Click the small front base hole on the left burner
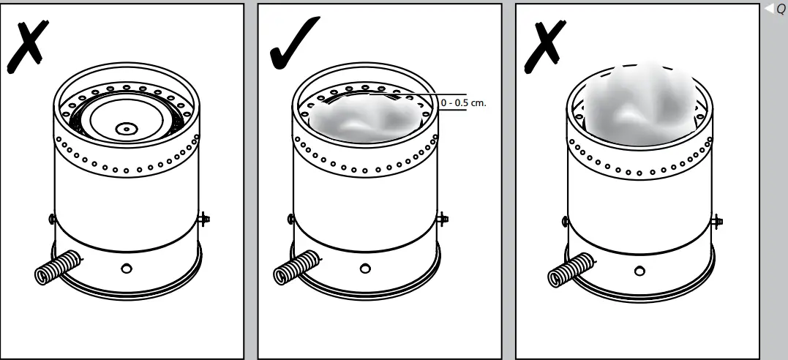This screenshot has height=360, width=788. (x=127, y=269)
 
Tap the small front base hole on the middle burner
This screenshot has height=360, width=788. (x=365, y=269)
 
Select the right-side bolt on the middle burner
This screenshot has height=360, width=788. (x=443, y=218)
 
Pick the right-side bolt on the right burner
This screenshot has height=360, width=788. (x=718, y=220)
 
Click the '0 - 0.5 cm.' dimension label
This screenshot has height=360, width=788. (x=463, y=103)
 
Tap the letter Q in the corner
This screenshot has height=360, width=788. (x=780, y=10)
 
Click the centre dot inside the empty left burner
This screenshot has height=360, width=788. (x=127, y=127)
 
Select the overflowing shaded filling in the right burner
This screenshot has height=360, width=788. (x=638, y=102)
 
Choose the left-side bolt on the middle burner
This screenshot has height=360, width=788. (x=290, y=218)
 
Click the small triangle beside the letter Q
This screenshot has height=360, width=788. (x=769, y=10)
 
